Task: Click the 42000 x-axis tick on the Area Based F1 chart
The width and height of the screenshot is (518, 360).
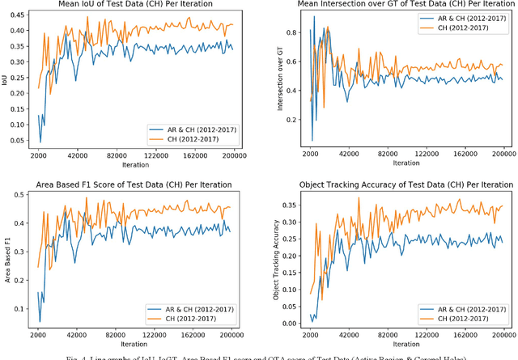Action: (x=77, y=335)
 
